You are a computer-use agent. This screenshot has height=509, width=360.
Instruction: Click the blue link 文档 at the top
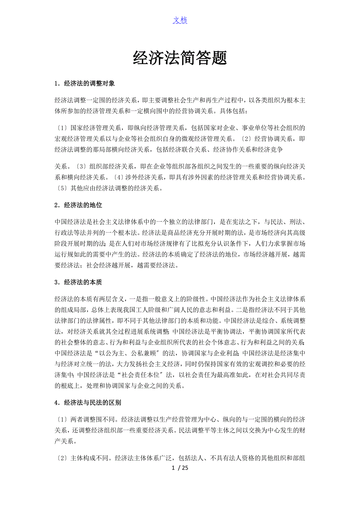click(x=180, y=20)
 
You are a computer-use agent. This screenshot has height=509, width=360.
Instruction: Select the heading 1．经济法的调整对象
click(x=85, y=83)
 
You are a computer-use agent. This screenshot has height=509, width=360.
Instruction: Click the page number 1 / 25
click(x=180, y=468)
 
